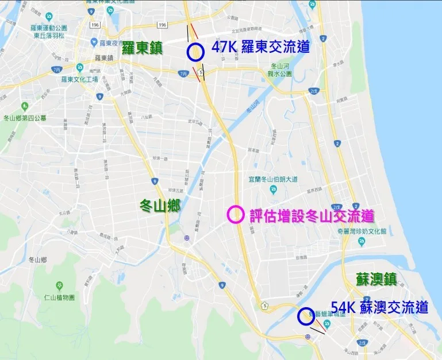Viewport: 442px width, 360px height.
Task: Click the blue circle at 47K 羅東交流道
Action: point(195,52)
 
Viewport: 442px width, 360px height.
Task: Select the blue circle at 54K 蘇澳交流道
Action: point(305,316)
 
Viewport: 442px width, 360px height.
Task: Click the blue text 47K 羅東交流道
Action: point(260,47)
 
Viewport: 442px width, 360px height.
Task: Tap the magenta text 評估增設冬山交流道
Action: point(312,216)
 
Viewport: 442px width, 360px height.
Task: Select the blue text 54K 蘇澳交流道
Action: point(379,307)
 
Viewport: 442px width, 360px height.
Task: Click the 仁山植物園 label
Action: point(60,297)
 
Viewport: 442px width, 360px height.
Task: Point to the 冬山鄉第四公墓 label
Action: point(25,118)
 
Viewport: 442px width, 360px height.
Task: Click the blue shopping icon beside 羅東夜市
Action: point(94,42)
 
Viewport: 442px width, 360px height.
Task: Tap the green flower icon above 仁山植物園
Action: point(60,285)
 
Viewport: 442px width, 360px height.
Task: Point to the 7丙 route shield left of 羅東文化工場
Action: point(56,69)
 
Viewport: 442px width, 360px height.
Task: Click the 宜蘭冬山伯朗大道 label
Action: point(273,180)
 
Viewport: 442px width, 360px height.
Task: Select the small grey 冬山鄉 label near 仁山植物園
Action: point(37,260)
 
